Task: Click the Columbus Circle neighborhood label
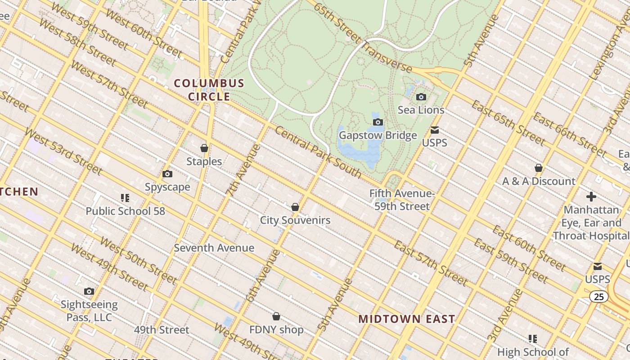point(209,90)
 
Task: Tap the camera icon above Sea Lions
point(421,97)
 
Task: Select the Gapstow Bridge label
point(378,135)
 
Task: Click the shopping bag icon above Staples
point(204,148)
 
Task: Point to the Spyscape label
point(167,187)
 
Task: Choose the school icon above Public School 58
point(125,198)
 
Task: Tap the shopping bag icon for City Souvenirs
point(295,207)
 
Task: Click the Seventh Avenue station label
point(214,248)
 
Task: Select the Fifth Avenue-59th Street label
point(401,200)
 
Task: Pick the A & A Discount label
point(539,181)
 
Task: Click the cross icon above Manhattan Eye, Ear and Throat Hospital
point(591,197)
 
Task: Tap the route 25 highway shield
point(598,297)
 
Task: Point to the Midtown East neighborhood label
point(406,319)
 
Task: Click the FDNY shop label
point(276,330)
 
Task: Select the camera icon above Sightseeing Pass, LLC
point(89,292)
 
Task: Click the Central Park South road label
point(318,152)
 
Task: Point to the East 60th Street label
point(528,248)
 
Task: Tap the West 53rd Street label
point(63,151)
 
